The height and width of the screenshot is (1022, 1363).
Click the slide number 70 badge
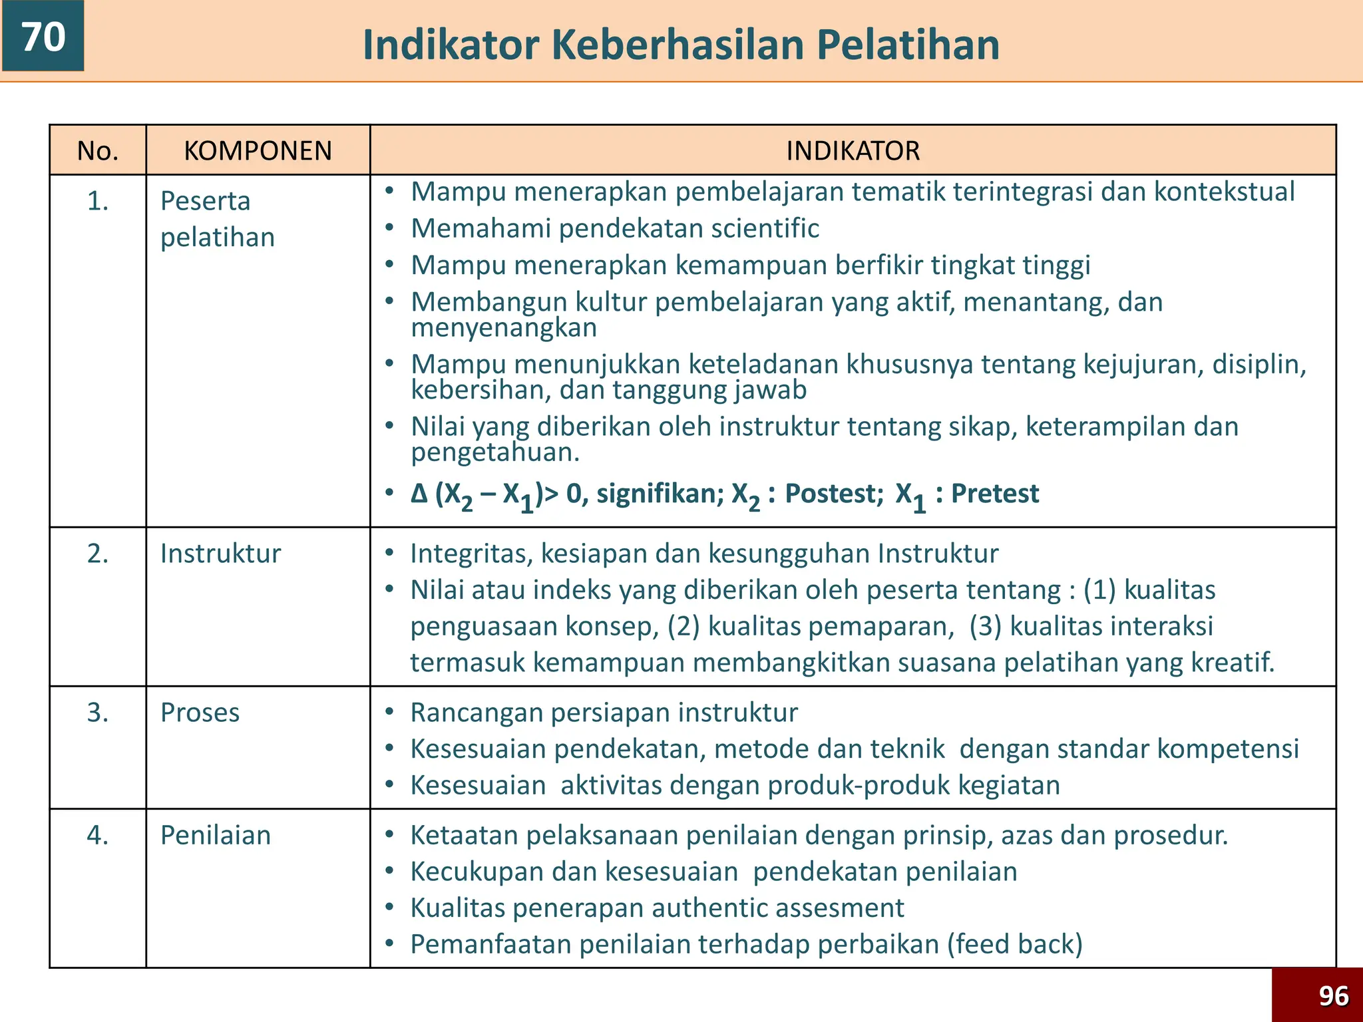[43, 36]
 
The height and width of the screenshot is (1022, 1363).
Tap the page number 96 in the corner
[1334, 996]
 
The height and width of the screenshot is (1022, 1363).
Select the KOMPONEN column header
[258, 151]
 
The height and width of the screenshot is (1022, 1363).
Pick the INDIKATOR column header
[853, 151]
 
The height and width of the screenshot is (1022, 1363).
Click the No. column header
[98, 151]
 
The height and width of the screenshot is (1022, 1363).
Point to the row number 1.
[98, 201]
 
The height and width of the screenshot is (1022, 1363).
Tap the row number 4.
[98, 835]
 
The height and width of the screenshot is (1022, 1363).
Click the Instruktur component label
[220, 554]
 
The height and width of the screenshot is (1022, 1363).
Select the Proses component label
[200, 713]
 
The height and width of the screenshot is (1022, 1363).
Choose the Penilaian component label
[216, 836]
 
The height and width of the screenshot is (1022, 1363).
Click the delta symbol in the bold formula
[419, 494]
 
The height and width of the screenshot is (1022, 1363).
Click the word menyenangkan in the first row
[504, 328]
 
